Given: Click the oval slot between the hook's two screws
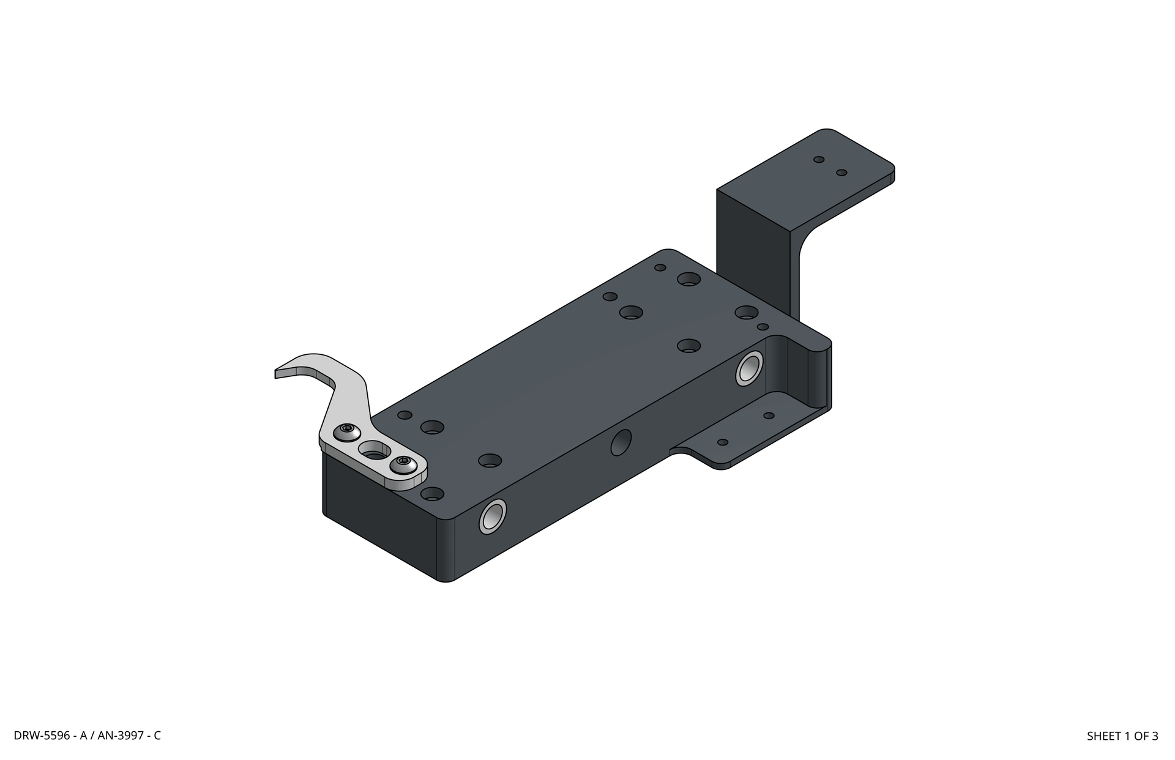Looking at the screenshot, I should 374,450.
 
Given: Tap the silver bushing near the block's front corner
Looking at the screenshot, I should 493,516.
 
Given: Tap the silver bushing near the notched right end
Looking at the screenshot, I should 749,368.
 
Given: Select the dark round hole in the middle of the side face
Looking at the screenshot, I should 621,442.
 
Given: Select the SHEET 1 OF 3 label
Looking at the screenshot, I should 1122,736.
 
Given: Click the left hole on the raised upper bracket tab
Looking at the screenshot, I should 819,160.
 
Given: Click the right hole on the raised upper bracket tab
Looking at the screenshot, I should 841,173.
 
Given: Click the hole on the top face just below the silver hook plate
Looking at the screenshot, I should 433,493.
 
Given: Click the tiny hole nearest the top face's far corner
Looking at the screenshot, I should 660,267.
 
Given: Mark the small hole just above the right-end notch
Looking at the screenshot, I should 763,327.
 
